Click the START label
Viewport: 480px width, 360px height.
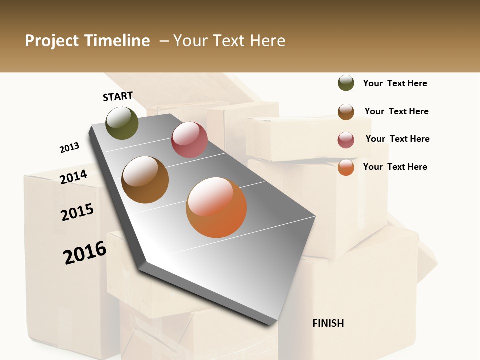tap(118, 96)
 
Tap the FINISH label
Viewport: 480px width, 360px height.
tap(328, 323)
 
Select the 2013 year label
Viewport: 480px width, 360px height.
tap(69, 148)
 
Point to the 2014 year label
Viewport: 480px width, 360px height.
tap(73, 177)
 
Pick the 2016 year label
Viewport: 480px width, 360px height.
tap(85, 253)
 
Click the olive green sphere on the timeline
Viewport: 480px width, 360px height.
tap(122, 123)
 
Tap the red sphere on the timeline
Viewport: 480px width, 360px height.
tap(189, 140)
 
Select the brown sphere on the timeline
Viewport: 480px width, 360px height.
tap(145, 180)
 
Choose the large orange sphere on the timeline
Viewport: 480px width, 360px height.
tap(216, 207)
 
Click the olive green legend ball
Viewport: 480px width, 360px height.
tap(346, 83)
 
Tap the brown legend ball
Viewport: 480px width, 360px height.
tap(346, 112)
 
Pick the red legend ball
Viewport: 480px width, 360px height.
tap(346, 140)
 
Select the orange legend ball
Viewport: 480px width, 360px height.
tap(346, 167)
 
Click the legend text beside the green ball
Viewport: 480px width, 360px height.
tap(395, 83)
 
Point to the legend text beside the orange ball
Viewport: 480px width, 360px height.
tap(395, 167)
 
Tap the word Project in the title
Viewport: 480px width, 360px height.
tap(52, 41)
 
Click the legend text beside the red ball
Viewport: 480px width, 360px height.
tap(397, 139)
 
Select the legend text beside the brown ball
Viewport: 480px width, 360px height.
tap(396, 111)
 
